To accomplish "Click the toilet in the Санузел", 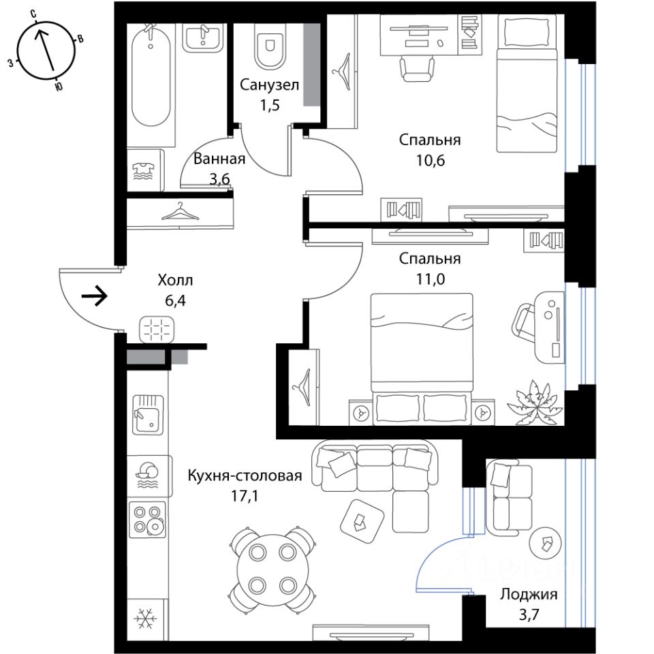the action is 270,45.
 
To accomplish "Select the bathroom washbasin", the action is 204,37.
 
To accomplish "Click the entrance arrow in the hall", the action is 95,296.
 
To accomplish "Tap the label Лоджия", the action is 529,594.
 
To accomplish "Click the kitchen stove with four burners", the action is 147,520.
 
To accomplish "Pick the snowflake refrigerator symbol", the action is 146,618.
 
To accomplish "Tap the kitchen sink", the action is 148,415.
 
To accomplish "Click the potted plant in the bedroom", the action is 535,402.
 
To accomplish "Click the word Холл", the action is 175,280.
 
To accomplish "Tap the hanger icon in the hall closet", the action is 180,211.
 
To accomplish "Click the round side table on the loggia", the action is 545,544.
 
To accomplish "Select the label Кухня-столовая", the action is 245,476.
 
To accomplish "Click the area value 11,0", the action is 431,279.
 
